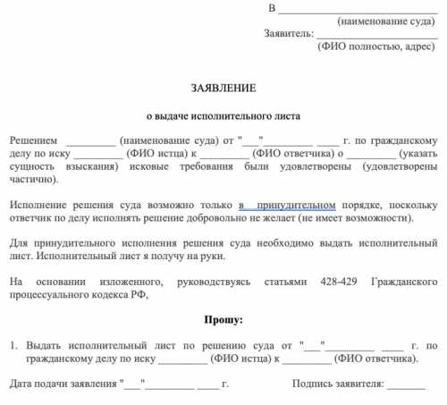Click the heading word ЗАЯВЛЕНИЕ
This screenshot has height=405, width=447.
tap(223, 89)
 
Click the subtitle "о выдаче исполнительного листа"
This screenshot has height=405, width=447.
tap(223, 116)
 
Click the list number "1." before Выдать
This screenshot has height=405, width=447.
tap(13, 344)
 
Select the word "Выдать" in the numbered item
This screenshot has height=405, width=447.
tap(46, 344)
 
